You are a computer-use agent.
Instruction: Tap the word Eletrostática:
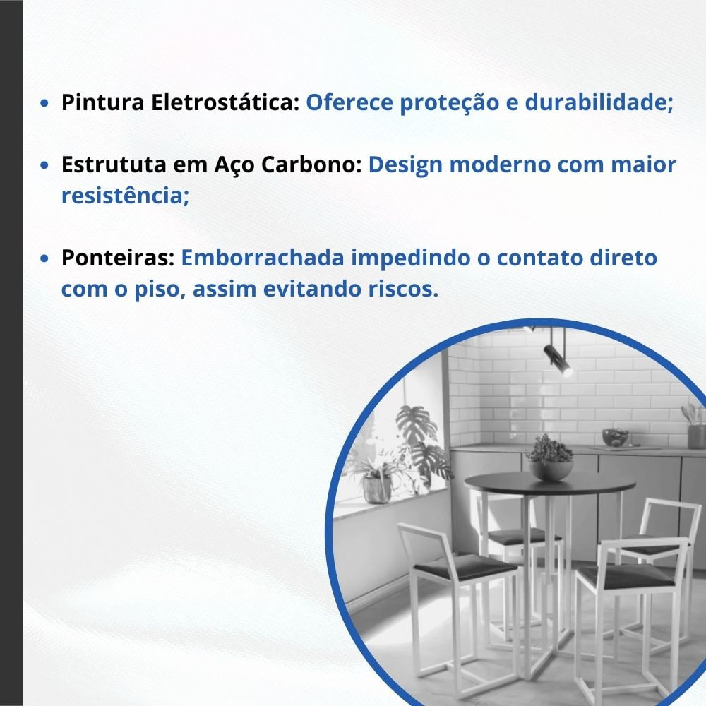tap(225, 102)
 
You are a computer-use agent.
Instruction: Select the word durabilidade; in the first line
tap(599, 102)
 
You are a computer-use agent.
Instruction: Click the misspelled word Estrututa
tap(114, 164)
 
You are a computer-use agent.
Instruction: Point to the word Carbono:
tap(311, 164)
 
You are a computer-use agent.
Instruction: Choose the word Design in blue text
tap(405, 165)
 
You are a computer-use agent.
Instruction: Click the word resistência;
tap(125, 196)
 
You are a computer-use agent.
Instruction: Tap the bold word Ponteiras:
tap(118, 258)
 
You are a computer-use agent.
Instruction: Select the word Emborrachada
tap(263, 258)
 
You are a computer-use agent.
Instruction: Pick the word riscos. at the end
tap(403, 289)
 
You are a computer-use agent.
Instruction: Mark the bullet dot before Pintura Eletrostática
tap(44, 103)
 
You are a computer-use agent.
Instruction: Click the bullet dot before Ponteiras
tap(44, 258)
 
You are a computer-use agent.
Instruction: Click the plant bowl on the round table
tap(550, 469)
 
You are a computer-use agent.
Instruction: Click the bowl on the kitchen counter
tap(615, 438)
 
